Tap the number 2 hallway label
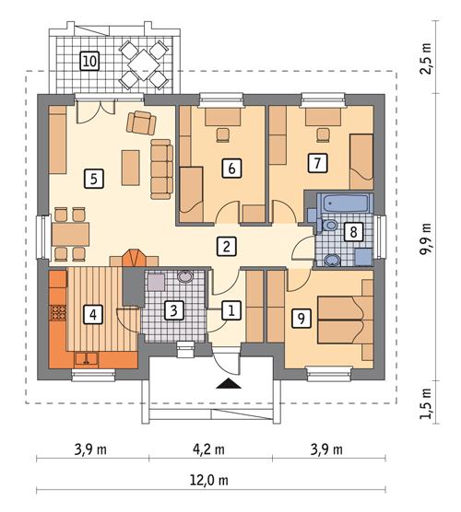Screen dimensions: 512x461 (224, 246)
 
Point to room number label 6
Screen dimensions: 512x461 (231, 168)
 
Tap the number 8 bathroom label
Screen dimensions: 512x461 (351, 231)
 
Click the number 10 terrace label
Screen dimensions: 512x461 (89, 62)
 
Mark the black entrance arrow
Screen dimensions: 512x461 (227, 380)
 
